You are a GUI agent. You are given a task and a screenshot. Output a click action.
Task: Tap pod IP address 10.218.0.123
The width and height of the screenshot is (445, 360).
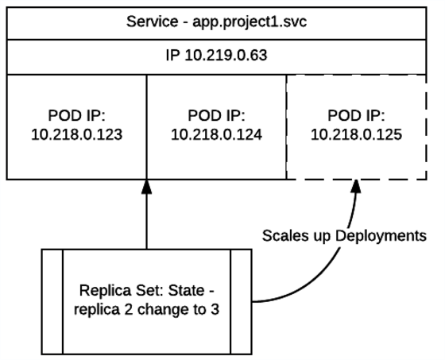(x=76, y=136)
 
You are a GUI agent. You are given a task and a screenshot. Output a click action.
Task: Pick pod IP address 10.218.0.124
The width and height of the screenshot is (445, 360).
(x=216, y=136)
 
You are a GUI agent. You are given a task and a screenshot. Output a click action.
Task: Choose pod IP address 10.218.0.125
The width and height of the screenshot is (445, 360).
(x=355, y=136)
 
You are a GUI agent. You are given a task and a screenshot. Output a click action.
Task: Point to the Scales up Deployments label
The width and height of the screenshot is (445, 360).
(x=343, y=236)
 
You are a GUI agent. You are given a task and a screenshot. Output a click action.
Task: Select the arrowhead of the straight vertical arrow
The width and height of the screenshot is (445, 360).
(x=147, y=186)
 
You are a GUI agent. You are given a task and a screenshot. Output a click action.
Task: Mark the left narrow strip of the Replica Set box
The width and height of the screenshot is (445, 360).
(x=52, y=301)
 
